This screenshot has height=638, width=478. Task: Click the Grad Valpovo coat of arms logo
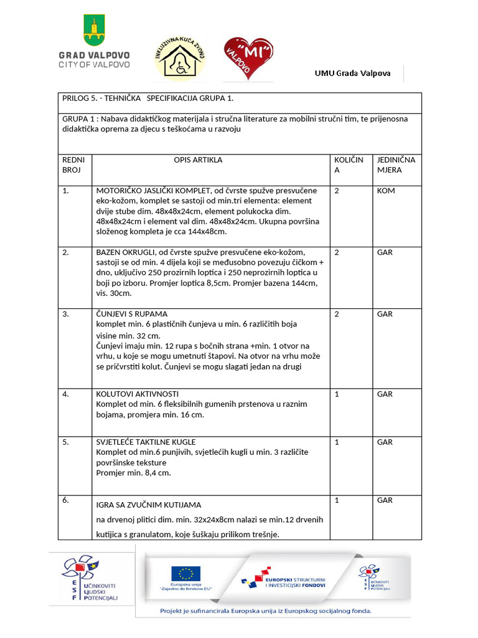[x=93, y=31]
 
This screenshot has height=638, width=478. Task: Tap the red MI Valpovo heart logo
[x=250, y=58]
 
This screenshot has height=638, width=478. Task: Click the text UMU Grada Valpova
[x=352, y=74]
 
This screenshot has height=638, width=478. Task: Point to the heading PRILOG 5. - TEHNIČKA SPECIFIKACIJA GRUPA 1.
[x=148, y=98]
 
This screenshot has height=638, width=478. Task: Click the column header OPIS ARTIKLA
[x=198, y=160]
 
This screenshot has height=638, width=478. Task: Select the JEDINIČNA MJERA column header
[x=396, y=165]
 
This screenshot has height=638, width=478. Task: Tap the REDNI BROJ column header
[x=73, y=165]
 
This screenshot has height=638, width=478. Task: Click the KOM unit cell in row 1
[x=386, y=191]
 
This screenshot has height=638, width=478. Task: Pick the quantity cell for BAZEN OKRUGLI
[x=337, y=252]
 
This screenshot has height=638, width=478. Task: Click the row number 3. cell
[x=66, y=314]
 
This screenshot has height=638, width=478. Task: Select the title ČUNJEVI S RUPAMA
[x=132, y=314]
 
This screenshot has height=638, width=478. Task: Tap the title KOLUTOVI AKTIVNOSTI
[x=138, y=394]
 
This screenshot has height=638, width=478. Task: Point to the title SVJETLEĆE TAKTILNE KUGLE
[x=146, y=442]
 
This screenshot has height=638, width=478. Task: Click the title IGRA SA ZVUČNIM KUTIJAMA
[x=148, y=505]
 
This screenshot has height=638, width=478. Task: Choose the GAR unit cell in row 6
[x=385, y=500]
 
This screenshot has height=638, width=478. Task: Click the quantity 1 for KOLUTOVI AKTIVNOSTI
[x=337, y=394]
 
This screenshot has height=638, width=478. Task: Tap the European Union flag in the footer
[x=186, y=574]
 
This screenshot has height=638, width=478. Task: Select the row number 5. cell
[x=66, y=442]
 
